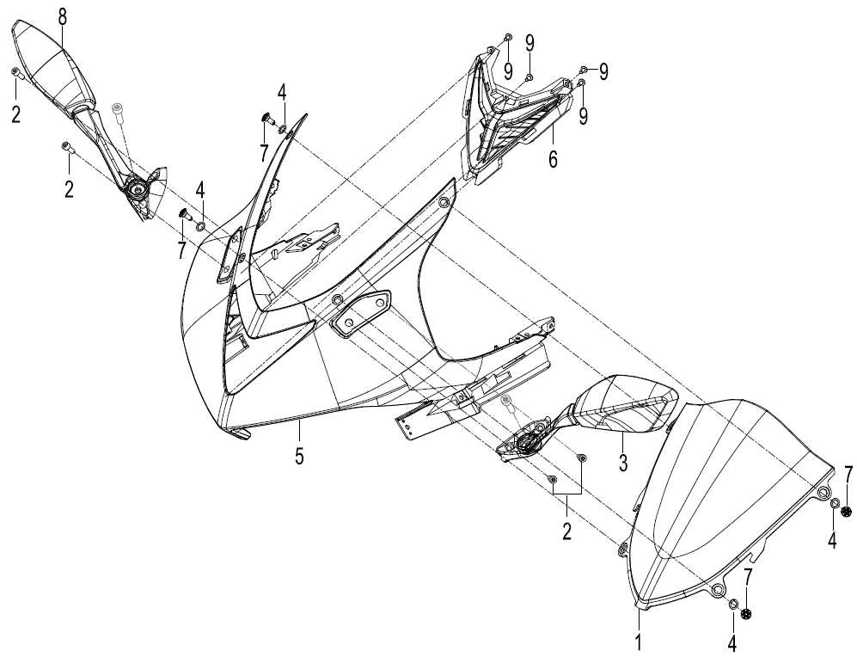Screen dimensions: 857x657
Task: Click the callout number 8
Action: (x=63, y=17)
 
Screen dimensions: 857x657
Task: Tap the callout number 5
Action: (x=299, y=456)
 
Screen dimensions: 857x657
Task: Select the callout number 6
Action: (x=553, y=160)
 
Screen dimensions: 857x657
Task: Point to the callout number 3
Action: (x=623, y=463)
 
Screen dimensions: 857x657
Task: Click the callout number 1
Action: (x=640, y=642)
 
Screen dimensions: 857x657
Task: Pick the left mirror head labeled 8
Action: (x=55, y=65)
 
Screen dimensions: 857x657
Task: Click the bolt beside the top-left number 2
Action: (x=15, y=73)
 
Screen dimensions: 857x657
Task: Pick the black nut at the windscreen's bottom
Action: (x=747, y=614)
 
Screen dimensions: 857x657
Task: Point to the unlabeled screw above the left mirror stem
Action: (x=117, y=110)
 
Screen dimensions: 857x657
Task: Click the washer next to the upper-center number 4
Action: (x=283, y=129)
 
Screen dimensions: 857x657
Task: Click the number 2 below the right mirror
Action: (x=566, y=531)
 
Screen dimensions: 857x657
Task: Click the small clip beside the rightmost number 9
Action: (x=584, y=70)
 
